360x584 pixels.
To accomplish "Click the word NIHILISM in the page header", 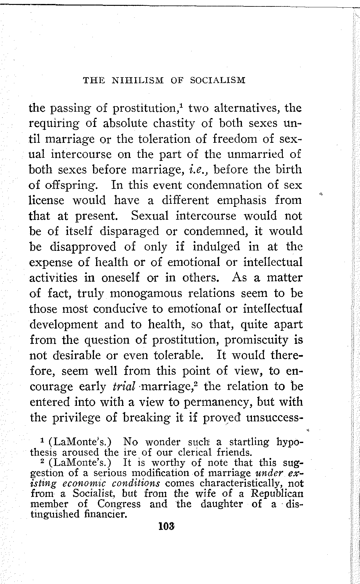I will click(x=138, y=81).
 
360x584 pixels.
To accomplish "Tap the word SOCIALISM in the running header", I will click(x=218, y=81).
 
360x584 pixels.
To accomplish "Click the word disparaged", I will click(x=129, y=231).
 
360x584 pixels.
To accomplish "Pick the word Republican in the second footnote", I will click(x=277, y=493).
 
